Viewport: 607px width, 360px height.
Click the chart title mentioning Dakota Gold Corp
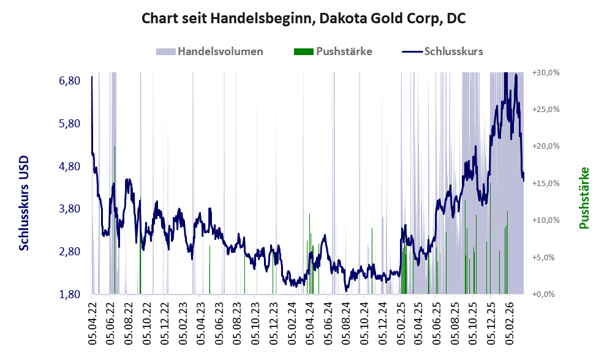303,18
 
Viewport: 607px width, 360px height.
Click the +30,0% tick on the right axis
546,72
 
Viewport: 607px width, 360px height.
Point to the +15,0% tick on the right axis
546,184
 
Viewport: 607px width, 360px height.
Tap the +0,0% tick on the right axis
546,294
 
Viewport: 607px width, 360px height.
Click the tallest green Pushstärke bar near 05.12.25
490,239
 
